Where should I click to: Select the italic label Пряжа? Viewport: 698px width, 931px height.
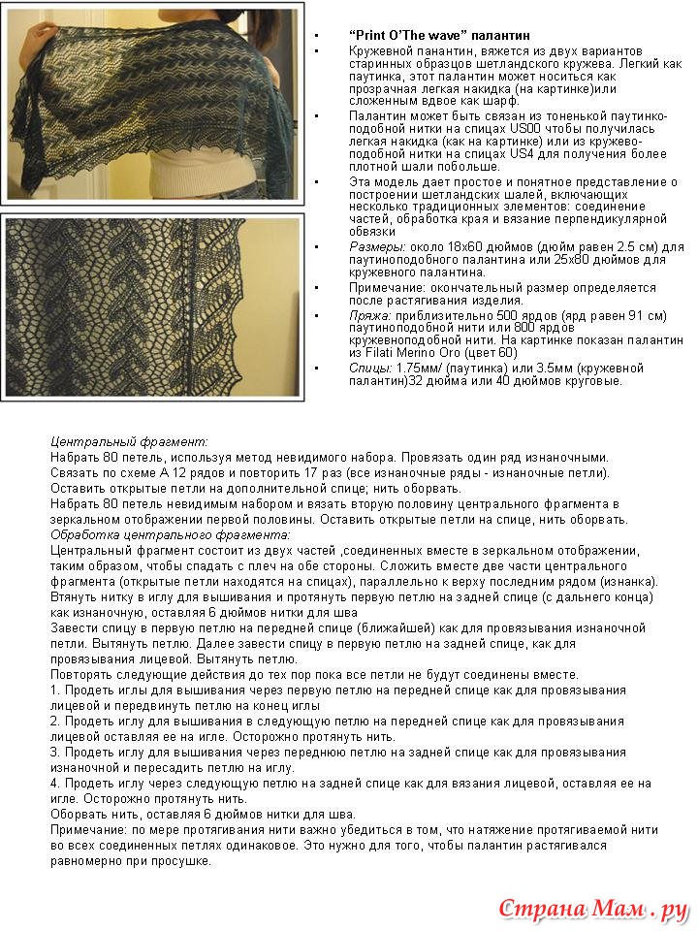click(369, 316)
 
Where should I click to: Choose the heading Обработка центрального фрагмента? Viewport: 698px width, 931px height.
click(170, 534)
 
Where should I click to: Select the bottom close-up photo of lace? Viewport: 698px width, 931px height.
click(152, 306)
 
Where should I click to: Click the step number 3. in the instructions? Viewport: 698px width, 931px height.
click(55, 753)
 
